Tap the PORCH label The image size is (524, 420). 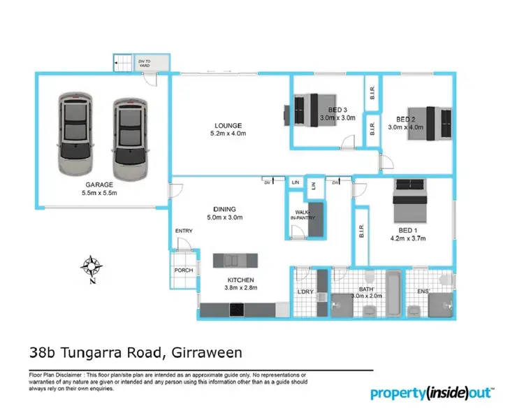pyautogui.click(x=184, y=270)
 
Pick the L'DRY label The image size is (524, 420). pyautogui.click(x=305, y=291)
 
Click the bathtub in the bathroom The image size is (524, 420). pyautogui.click(x=392, y=292)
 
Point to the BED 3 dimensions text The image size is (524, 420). pyautogui.click(x=338, y=119)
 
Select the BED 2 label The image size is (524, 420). pyautogui.click(x=406, y=119)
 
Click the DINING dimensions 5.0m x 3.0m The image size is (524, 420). pyautogui.click(x=226, y=217)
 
